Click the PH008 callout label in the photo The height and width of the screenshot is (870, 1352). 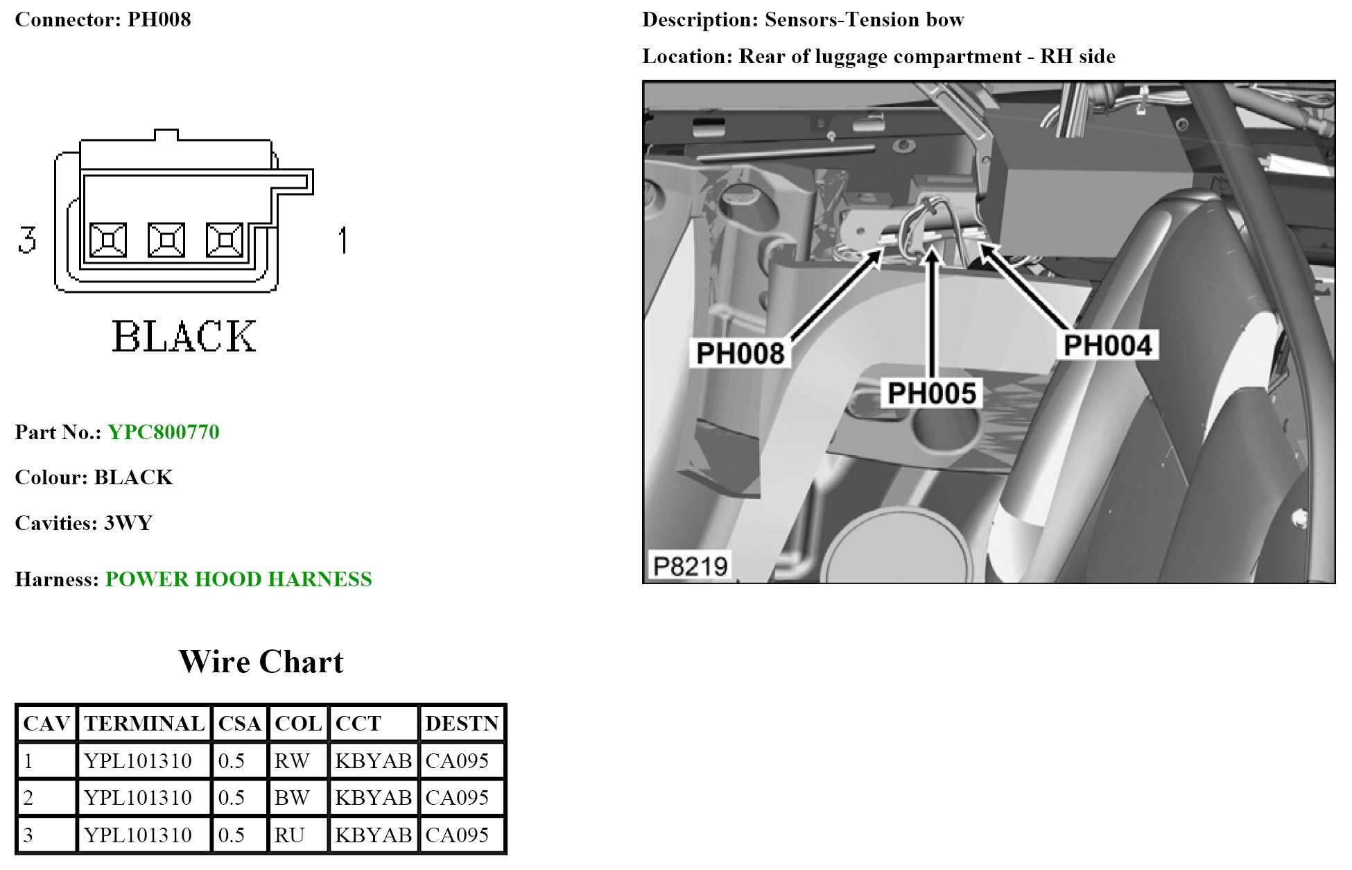pyautogui.click(x=740, y=353)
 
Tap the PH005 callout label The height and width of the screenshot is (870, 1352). pyautogui.click(x=932, y=393)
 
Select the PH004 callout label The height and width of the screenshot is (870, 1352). pyautogui.click(x=1107, y=346)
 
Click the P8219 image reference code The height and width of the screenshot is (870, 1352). pyautogui.click(x=690, y=566)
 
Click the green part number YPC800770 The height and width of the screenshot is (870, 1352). pyautogui.click(x=164, y=432)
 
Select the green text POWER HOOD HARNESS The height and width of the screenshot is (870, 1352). pyautogui.click(x=239, y=579)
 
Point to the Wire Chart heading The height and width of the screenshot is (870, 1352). pyautogui.click(x=261, y=662)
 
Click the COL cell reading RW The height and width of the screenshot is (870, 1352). pyautogui.click(x=292, y=761)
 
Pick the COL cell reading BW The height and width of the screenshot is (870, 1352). pyautogui.click(x=292, y=798)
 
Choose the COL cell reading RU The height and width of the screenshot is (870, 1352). pyautogui.click(x=290, y=835)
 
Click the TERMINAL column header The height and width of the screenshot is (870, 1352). pyautogui.click(x=144, y=724)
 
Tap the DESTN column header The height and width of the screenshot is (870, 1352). pyautogui.click(x=462, y=724)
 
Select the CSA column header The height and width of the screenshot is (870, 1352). pyautogui.click(x=239, y=724)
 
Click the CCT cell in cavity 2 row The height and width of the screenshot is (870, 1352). pyautogui.click(x=374, y=798)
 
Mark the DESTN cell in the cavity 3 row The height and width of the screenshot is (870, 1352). pyautogui.click(x=457, y=835)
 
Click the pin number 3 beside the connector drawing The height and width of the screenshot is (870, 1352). pyautogui.click(x=27, y=240)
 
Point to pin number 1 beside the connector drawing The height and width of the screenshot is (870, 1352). pyautogui.click(x=342, y=240)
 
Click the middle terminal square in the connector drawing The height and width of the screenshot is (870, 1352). pyautogui.click(x=166, y=240)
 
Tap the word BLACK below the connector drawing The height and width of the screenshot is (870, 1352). pyautogui.click(x=184, y=337)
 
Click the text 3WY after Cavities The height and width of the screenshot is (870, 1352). pyautogui.click(x=128, y=523)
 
